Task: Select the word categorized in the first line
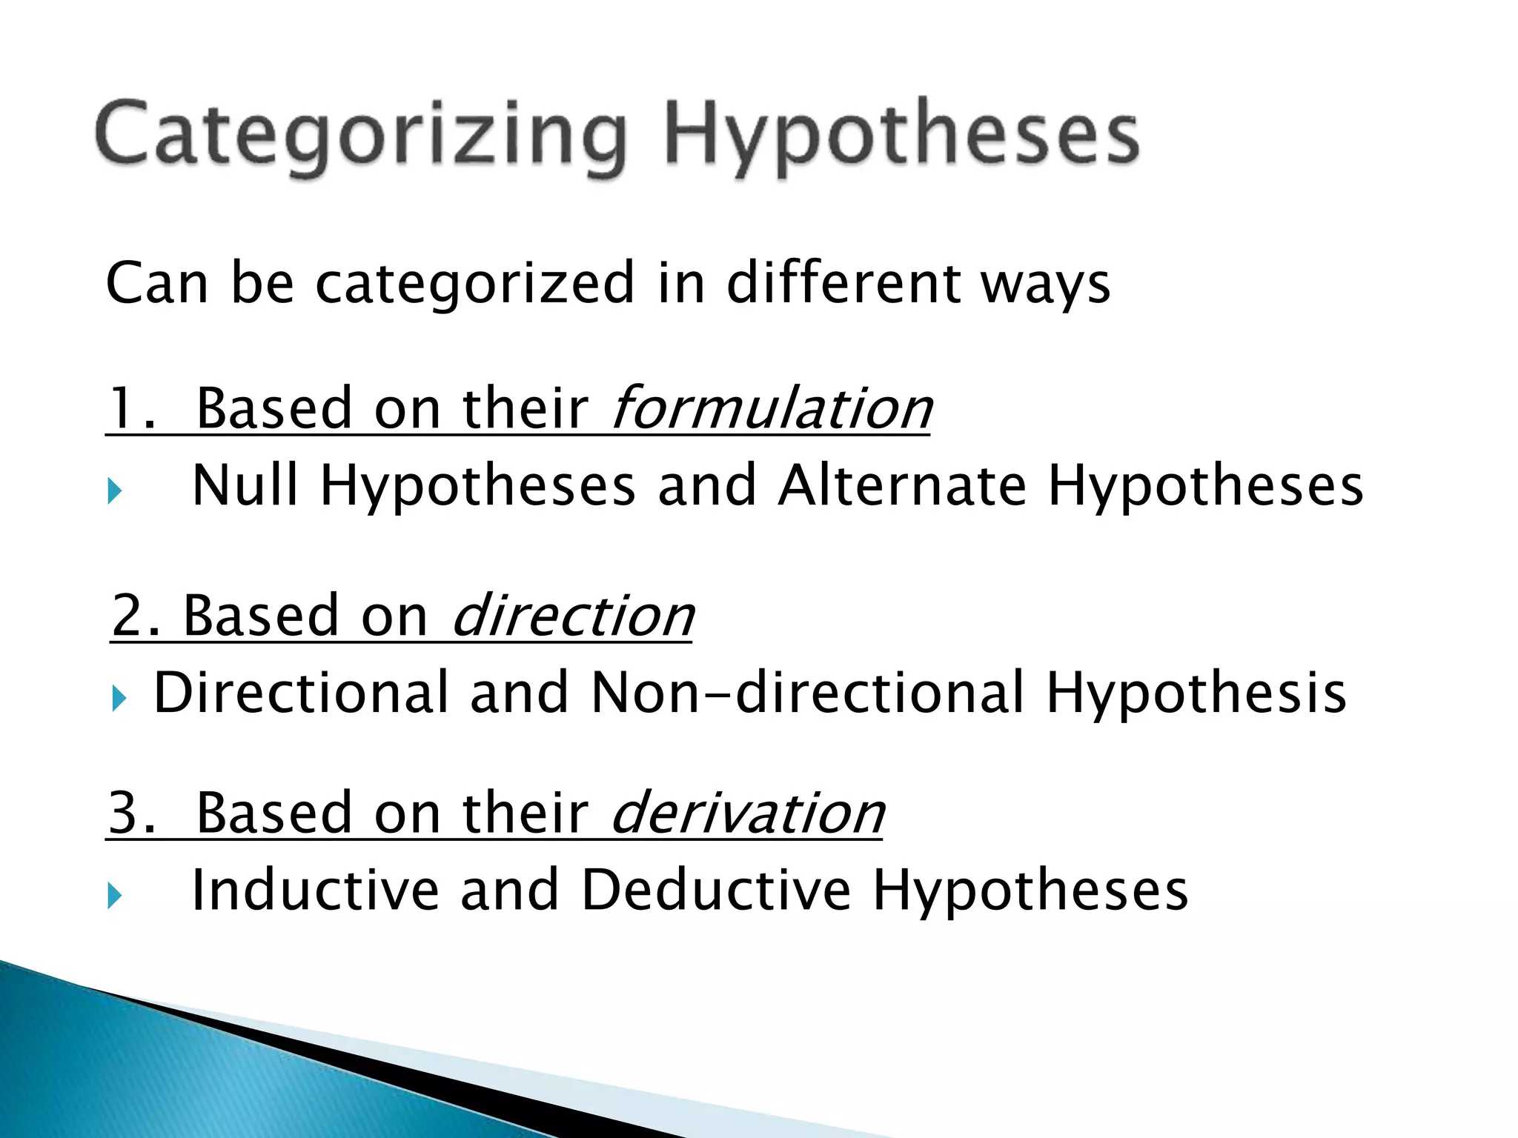pos(475,284)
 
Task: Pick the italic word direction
pos(572,616)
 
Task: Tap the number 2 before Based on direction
pos(127,616)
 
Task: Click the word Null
pos(245,485)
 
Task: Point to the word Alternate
pos(902,485)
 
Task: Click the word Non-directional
pos(806,693)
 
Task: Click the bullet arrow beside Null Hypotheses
pos(114,490)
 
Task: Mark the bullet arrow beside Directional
pos(119,697)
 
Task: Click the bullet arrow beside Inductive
pos(114,895)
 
